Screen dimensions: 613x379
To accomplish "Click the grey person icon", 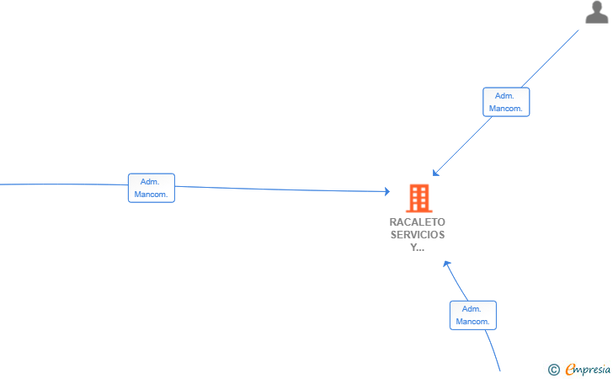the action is tap(596, 12).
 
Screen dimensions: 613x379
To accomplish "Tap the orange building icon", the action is tap(418, 198).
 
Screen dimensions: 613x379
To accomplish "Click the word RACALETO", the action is tap(417, 222).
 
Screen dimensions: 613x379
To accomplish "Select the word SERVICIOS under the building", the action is tap(418, 235).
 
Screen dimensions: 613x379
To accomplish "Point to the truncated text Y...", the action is tap(417, 247).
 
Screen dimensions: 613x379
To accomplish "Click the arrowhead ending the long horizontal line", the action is tap(387, 191).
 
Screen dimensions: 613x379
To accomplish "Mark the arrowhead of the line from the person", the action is tap(435, 173).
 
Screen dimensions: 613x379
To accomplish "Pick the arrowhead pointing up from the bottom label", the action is tap(446, 264).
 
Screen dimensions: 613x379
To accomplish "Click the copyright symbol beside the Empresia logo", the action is tap(553, 370).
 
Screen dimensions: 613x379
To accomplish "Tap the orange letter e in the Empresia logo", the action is tap(571, 369).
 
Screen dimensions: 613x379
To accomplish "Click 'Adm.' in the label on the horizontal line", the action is tap(150, 182).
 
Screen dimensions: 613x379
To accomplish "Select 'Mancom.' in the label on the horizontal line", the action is tap(151, 195).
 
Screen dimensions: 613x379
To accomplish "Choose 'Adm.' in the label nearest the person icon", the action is tap(504, 96).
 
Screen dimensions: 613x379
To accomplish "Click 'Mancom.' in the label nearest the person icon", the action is tap(505, 109).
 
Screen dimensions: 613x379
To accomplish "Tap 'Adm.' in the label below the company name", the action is tap(471, 309).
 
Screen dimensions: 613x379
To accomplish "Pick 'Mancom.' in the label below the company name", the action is tap(472, 322).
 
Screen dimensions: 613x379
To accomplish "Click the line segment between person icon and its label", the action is tap(550, 59).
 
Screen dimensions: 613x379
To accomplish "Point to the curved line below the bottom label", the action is tap(493, 350).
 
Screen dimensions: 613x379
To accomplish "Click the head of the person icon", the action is tap(597, 6).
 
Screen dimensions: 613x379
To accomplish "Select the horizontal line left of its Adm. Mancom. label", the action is tap(64, 184).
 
